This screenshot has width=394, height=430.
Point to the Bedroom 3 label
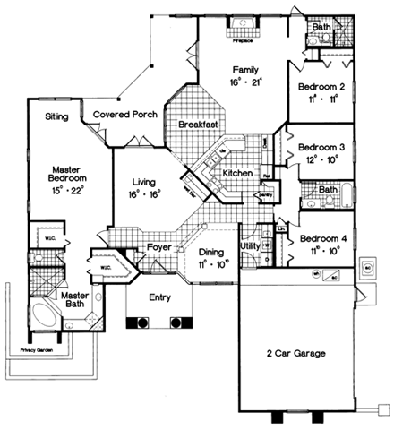click(x=321, y=147)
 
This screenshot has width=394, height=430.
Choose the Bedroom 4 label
click(x=321, y=239)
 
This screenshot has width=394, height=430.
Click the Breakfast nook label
click(x=199, y=124)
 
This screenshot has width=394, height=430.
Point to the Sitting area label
click(x=57, y=116)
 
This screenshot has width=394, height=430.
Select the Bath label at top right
click(x=321, y=28)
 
